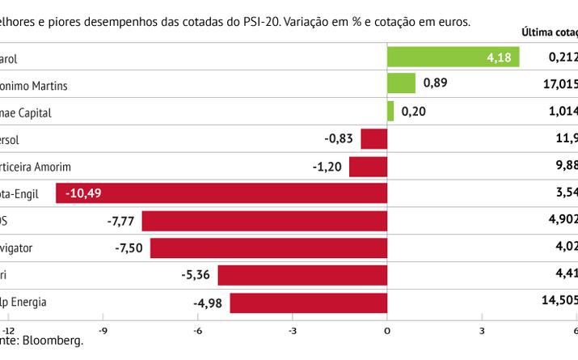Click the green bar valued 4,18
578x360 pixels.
(x=453, y=57)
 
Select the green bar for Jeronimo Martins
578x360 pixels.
(x=401, y=83)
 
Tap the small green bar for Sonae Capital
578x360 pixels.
(x=390, y=111)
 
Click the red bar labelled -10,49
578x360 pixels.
(x=221, y=193)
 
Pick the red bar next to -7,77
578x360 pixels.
(x=264, y=220)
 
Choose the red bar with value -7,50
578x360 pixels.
(x=268, y=248)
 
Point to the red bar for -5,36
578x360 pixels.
(x=302, y=275)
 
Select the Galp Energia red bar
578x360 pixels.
(x=309, y=303)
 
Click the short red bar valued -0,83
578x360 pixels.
(x=373, y=138)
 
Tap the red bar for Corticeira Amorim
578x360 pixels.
(x=368, y=166)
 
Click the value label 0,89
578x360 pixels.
(x=434, y=83)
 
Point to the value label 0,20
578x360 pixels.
(x=413, y=111)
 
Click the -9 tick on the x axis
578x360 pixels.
(x=104, y=330)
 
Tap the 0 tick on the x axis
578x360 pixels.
(x=387, y=330)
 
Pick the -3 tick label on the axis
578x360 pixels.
(x=293, y=330)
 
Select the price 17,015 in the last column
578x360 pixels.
(x=560, y=83)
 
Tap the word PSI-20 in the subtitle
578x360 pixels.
(x=264, y=21)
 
